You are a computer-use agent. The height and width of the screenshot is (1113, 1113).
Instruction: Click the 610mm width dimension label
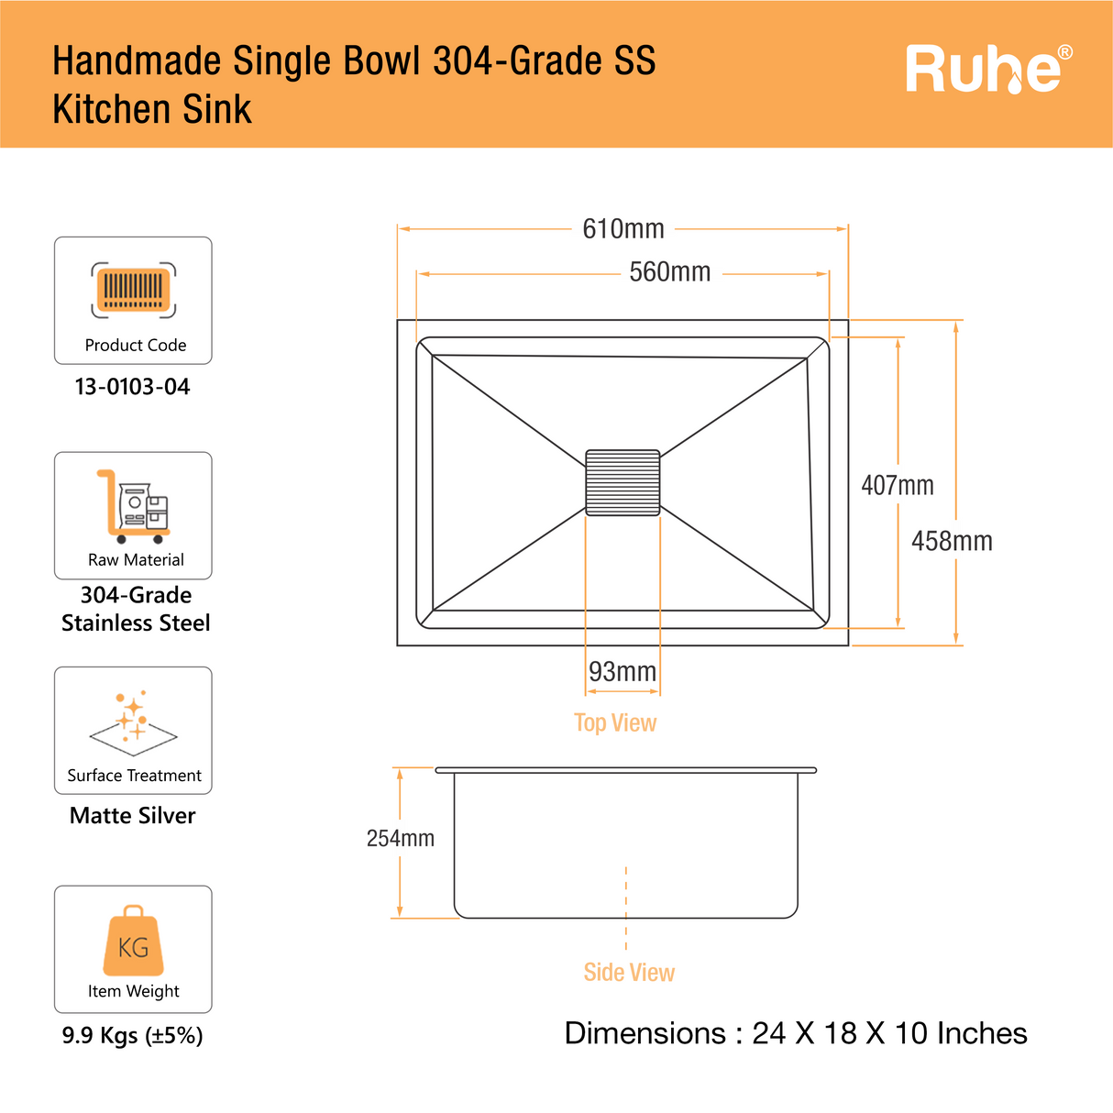[623, 228]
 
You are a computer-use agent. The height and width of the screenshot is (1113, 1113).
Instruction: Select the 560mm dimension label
[669, 272]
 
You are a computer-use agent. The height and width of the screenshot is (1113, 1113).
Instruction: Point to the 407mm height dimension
[897, 485]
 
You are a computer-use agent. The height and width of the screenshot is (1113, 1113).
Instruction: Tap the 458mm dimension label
[952, 541]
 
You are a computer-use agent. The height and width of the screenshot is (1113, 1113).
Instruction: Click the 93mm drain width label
[623, 672]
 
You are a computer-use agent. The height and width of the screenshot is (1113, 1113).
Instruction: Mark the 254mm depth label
[400, 838]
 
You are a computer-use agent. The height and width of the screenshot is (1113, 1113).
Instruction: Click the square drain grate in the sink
[623, 482]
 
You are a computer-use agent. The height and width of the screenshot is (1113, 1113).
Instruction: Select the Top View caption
[615, 722]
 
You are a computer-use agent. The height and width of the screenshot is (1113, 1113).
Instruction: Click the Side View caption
[629, 972]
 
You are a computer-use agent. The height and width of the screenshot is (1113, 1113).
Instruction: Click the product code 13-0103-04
[133, 387]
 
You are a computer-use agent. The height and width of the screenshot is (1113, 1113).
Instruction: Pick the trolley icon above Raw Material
[134, 507]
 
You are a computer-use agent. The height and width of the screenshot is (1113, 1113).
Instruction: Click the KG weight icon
[134, 942]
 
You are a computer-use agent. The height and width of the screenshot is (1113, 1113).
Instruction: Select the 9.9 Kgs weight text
[133, 1035]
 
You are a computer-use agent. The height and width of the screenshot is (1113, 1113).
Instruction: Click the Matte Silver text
[133, 815]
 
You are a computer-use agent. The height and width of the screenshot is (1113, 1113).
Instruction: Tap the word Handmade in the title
[137, 61]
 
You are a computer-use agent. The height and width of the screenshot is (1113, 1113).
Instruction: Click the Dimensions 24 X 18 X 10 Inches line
[796, 1033]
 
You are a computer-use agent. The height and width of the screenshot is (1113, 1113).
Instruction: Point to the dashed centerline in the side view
[626, 908]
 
